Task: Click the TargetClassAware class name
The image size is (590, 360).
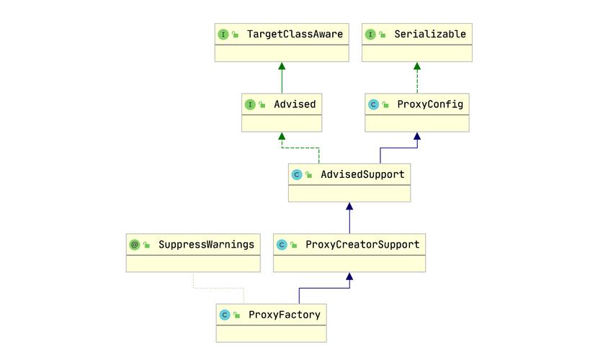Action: tap(295, 35)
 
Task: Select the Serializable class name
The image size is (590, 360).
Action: tap(430, 35)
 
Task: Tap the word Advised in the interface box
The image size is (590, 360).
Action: tap(295, 104)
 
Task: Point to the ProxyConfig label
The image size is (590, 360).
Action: tap(430, 104)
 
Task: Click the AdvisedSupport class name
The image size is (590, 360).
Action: tap(362, 174)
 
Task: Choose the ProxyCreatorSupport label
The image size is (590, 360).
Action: tap(362, 245)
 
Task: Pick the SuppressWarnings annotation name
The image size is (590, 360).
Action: tap(206, 245)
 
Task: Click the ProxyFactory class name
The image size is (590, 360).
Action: tap(284, 315)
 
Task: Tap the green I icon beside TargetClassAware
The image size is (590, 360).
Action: tap(223, 35)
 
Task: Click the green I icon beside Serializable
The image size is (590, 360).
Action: tap(370, 35)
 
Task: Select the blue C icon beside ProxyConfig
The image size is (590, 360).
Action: tap(373, 104)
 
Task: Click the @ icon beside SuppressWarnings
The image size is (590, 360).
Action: tap(134, 245)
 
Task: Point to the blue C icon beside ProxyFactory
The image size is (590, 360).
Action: tap(225, 315)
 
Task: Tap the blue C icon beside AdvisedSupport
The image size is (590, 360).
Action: tap(297, 174)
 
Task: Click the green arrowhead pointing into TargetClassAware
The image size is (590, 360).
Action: tap(282, 66)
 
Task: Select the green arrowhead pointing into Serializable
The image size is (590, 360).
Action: tap(417, 66)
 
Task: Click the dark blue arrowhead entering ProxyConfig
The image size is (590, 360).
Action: tap(417, 136)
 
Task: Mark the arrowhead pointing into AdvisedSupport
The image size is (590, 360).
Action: tap(349, 206)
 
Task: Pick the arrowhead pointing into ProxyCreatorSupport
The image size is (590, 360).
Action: tap(349, 276)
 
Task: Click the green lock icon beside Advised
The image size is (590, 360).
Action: tap(262, 104)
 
